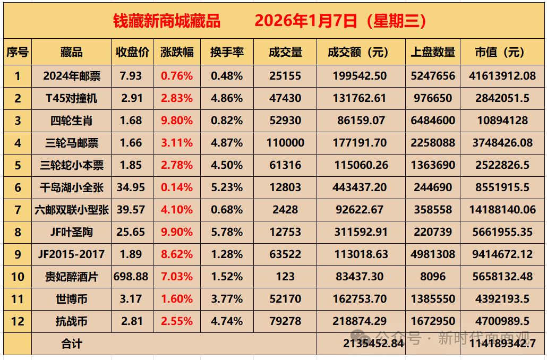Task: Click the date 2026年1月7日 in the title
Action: click(305, 21)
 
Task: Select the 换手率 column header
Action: click(227, 52)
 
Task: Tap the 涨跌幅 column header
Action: click(177, 52)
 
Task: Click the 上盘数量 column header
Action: click(433, 52)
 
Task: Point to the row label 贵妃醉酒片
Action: click(71, 277)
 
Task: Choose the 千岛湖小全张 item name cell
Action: click(71, 187)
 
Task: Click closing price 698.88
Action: click(131, 277)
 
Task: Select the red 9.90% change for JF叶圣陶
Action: click(177, 232)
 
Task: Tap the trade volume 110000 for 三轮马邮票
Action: click(285, 143)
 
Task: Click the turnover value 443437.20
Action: click(361, 187)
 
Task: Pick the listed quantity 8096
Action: click(433, 277)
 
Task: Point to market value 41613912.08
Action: click(502, 76)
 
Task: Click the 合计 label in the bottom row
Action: click(71, 344)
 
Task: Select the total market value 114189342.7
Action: click(502, 344)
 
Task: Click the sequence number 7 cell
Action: click(18, 210)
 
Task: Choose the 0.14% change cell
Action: click(177, 187)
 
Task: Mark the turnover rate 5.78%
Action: click(227, 232)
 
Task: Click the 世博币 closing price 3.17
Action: click(131, 299)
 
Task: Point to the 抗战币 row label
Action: click(71, 321)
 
